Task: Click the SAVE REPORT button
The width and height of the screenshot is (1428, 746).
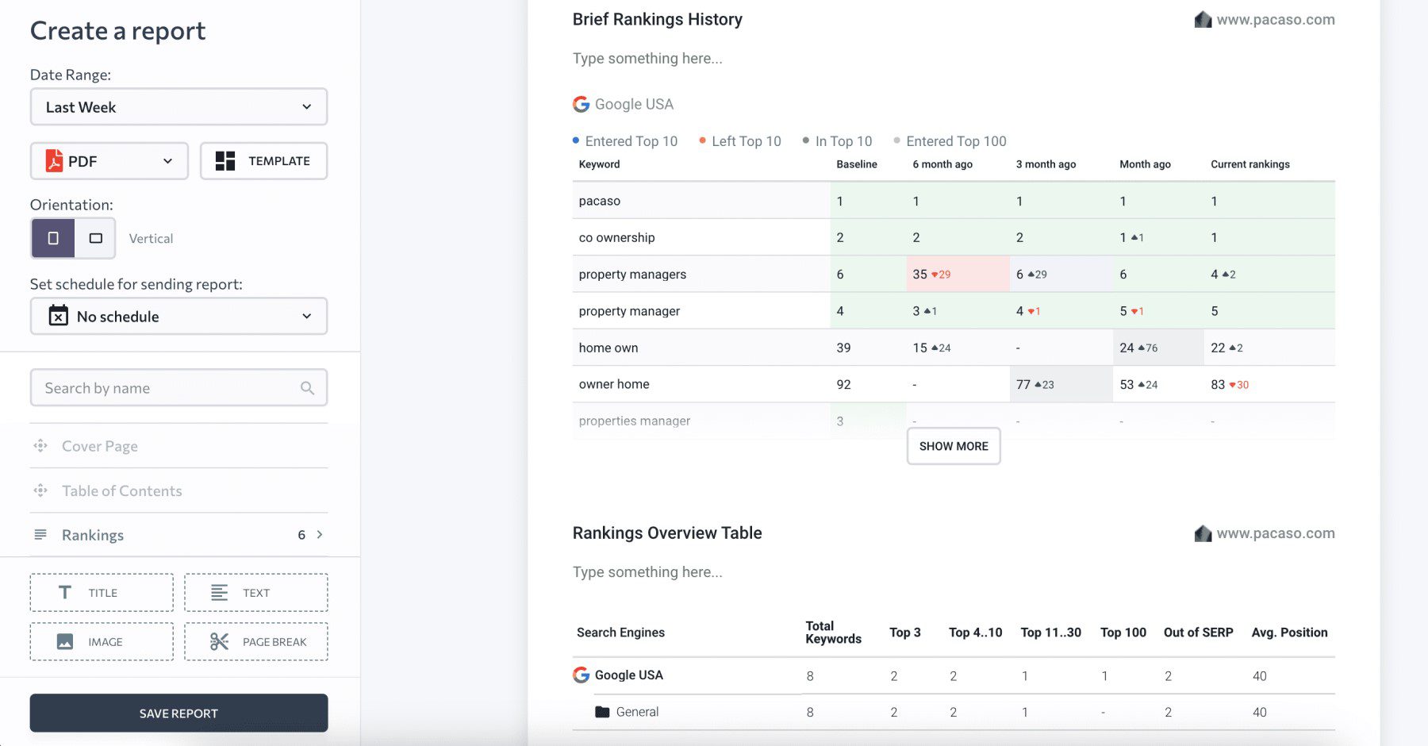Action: click(178, 713)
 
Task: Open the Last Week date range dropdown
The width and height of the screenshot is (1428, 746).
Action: click(178, 107)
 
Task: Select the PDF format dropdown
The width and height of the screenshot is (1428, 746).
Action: click(109, 161)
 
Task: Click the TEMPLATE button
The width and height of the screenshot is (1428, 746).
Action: click(263, 161)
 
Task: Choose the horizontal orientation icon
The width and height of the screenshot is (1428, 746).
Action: click(95, 238)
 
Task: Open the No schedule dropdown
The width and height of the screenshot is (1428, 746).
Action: click(178, 317)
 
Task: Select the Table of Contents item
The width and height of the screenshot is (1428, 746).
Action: click(122, 490)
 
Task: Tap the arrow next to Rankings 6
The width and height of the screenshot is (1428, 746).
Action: click(320, 535)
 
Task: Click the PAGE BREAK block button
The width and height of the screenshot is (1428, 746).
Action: click(256, 641)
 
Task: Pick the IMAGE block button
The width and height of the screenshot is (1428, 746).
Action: click(102, 641)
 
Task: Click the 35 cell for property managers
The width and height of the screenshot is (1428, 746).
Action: click(920, 274)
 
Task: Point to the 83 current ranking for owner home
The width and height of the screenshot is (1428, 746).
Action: click(1218, 384)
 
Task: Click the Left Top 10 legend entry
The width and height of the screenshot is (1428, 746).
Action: click(746, 141)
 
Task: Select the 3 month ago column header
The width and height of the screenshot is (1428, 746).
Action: click(1046, 164)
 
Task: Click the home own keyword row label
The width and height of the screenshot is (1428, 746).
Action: click(608, 348)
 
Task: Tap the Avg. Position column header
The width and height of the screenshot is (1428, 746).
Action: click(1289, 633)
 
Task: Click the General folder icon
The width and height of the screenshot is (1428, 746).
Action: click(602, 712)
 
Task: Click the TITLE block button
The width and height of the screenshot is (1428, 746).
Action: click(102, 593)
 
